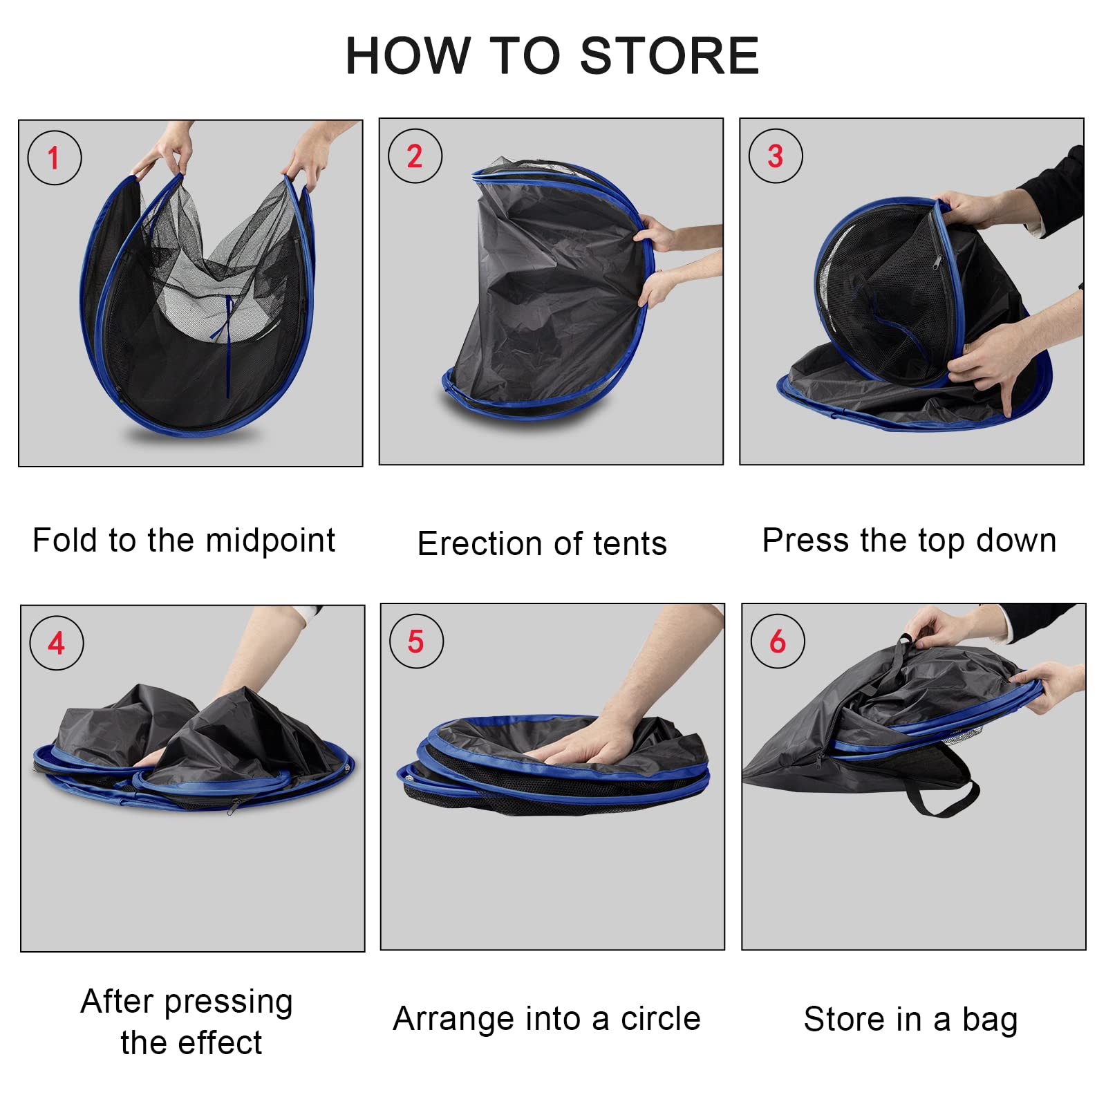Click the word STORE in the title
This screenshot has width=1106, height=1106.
click(669, 55)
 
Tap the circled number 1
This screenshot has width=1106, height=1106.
click(55, 158)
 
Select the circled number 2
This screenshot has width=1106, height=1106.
click(415, 156)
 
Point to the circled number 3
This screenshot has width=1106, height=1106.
click(776, 156)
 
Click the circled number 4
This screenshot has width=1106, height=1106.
click(57, 644)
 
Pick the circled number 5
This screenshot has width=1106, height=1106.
click(416, 641)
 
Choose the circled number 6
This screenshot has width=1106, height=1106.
click(778, 641)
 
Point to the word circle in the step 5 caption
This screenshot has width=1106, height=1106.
click(660, 1019)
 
